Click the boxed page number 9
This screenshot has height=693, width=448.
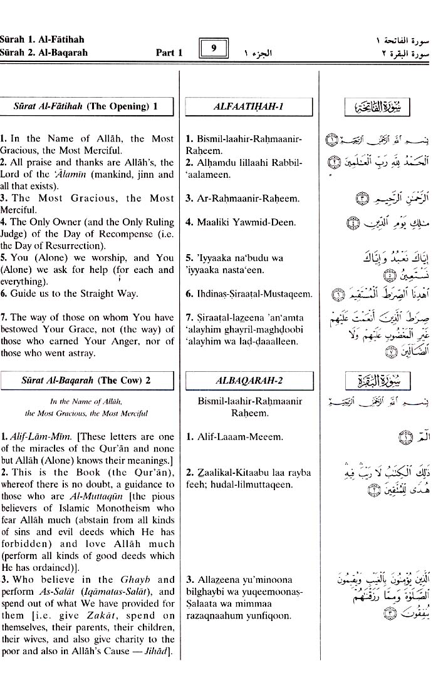214,48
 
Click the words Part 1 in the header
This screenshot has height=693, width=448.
169,53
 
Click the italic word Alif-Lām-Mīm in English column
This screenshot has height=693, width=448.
41,436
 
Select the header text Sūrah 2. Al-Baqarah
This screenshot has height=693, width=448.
44,53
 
